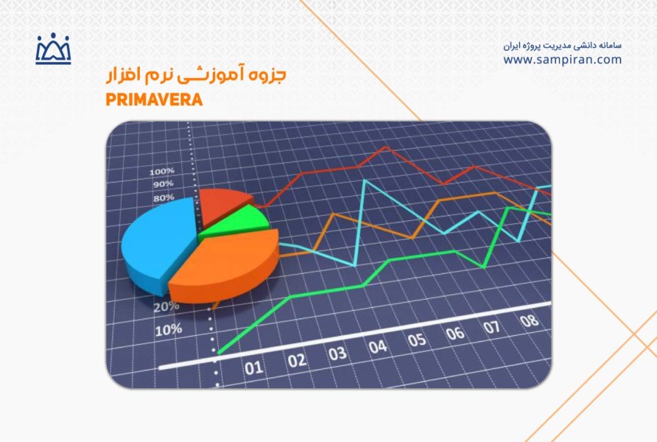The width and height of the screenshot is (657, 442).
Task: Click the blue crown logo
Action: (53, 49)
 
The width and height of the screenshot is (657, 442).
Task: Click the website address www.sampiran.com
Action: (562, 60)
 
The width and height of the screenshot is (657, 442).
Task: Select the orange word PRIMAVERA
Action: (154, 99)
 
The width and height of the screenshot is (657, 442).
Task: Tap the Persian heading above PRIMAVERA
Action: (196, 74)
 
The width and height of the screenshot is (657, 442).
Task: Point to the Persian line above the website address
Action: (562, 45)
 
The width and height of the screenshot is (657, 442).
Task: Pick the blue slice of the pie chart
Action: (157, 243)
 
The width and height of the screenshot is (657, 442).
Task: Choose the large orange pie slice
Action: (224, 266)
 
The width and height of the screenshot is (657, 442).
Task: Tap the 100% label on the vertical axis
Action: (162, 172)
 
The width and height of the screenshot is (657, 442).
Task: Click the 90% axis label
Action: (163, 184)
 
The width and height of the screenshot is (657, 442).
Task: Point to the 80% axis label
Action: (164, 197)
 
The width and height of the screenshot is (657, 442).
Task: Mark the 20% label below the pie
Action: (166, 307)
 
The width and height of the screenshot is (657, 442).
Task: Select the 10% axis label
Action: (169, 331)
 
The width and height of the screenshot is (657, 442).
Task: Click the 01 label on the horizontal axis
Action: (254, 368)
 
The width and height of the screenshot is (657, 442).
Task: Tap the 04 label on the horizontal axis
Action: (378, 347)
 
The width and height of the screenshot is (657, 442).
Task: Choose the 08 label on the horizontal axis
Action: (529, 321)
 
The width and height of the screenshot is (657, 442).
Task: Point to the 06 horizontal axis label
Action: (455, 334)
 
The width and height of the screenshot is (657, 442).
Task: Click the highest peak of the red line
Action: (385, 147)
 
